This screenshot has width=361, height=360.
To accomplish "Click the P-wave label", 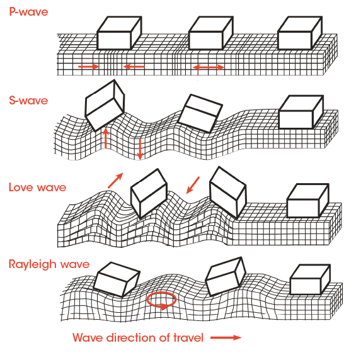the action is pos(28,12).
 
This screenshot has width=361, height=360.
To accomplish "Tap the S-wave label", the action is pos(28,101).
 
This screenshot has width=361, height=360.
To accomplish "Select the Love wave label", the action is pos(38,188).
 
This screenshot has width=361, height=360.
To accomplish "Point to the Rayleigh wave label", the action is pos(49,264).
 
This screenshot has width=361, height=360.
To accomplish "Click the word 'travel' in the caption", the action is pos(188,338).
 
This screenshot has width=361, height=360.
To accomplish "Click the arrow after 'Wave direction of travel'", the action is pos(226,338).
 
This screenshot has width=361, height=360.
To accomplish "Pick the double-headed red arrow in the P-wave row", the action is pos(209,67).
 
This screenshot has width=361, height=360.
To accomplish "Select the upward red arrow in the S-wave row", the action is pos(105,138).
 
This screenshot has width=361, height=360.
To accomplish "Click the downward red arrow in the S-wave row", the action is pos(140,149).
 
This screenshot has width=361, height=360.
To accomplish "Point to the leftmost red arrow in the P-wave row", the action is pos(89,67).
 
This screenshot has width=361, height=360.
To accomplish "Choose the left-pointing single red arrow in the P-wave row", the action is pos(134,67).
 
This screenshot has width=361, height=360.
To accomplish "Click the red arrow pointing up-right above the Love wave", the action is pos(115,181).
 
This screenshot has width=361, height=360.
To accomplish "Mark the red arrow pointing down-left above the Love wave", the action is pos(193,185).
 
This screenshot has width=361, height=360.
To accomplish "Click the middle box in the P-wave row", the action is pos(211,33).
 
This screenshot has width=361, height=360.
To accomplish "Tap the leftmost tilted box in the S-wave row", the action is pos(105,105).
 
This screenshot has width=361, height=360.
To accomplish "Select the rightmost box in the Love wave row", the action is pos(308,201).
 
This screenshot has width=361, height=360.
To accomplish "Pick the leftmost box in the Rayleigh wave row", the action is pos(117,279).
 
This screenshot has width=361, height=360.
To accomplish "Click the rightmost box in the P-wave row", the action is pos(300,33).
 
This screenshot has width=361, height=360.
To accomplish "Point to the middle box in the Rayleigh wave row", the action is pos(226,276).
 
